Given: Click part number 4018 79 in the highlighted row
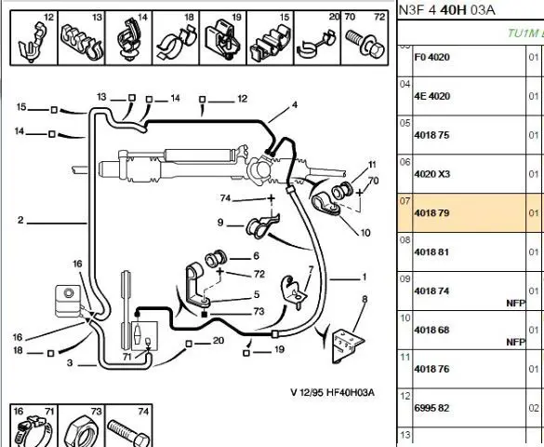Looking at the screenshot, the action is (431, 213).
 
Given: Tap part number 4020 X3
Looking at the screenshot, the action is (431, 173).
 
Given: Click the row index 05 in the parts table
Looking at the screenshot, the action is (405, 123).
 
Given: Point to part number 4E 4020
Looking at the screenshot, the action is (431, 96).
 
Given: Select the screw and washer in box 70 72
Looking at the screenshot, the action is (365, 44).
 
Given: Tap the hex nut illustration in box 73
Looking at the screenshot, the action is (81, 432).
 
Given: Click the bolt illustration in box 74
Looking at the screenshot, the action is (128, 432).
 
